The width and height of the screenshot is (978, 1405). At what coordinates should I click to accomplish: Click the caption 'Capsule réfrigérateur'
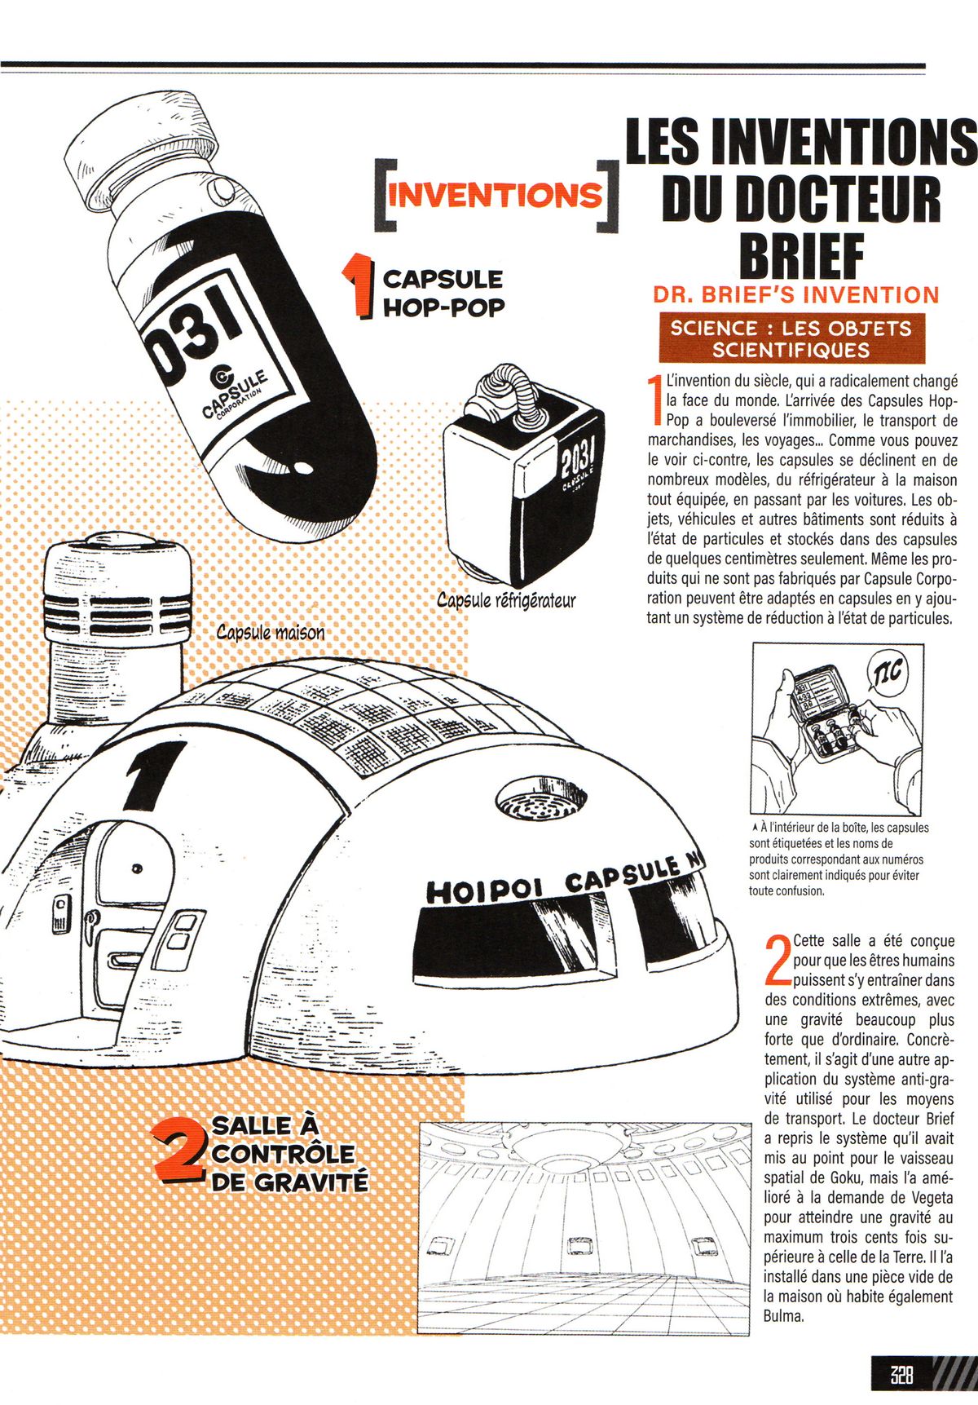coord(506,601)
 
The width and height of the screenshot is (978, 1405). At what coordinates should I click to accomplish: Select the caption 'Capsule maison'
coord(271,632)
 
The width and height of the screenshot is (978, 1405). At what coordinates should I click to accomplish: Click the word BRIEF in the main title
coord(800,254)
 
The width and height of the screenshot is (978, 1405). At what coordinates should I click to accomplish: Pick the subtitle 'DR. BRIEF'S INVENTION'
coord(796,294)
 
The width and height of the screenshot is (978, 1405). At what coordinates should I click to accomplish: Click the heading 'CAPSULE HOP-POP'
coord(443,292)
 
